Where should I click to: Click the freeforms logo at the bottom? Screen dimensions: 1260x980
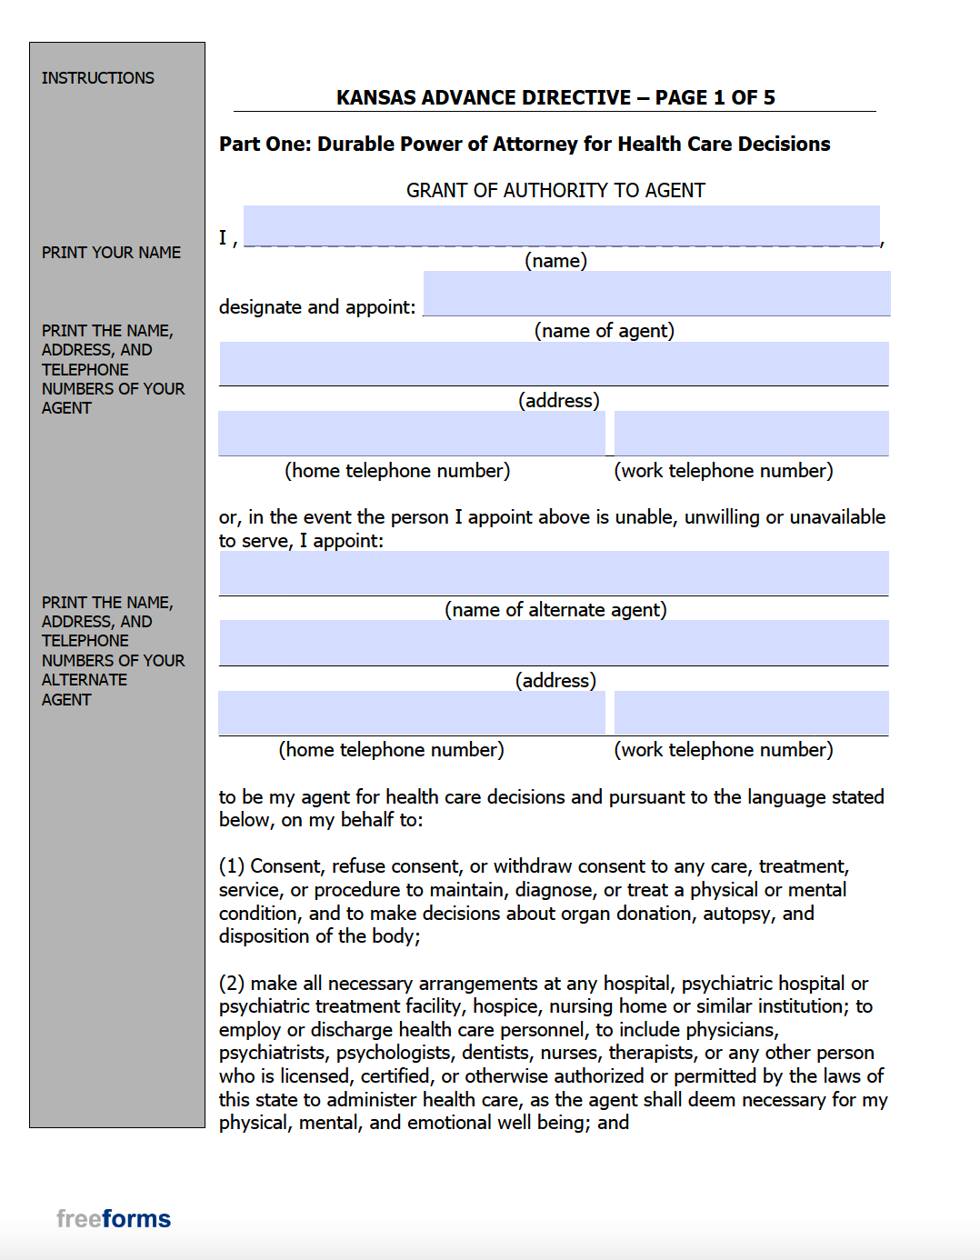click(x=114, y=1218)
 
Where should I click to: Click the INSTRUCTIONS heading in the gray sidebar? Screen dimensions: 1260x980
click(x=98, y=78)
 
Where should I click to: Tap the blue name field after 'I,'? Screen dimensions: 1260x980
click(x=561, y=225)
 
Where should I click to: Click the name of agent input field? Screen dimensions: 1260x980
click(x=656, y=294)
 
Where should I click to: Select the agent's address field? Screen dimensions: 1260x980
click(x=554, y=364)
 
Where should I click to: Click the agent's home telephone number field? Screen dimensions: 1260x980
click(x=411, y=433)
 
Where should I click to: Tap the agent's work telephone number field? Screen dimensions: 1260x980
click(x=751, y=433)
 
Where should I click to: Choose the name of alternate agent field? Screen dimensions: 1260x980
click(x=554, y=573)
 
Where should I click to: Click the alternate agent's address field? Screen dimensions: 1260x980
click(x=554, y=643)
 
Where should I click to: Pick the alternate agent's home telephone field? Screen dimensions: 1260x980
click(x=411, y=713)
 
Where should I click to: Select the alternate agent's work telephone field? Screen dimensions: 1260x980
click(x=751, y=713)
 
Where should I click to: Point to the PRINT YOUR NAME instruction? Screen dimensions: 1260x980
click(x=111, y=253)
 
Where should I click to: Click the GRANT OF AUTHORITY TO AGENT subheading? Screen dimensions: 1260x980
click(x=555, y=190)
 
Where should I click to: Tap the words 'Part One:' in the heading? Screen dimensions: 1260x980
click(x=265, y=144)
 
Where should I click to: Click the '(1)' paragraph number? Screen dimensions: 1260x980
click(x=232, y=866)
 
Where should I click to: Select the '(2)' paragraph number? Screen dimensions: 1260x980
click(x=232, y=984)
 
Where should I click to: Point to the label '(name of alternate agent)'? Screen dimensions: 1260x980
click(x=555, y=609)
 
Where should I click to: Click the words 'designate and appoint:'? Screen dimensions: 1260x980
click(x=316, y=307)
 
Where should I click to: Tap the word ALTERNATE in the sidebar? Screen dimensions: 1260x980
click(x=85, y=680)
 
